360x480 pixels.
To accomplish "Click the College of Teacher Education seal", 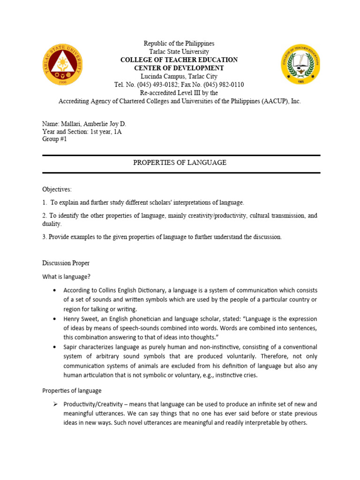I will tap(301, 64).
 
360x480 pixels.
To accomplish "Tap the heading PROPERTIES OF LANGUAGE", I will tap(180, 163).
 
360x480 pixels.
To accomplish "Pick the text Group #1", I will tap(55, 139).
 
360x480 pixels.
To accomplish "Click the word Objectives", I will tap(57, 189).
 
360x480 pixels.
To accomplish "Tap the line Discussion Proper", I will tap(66, 263).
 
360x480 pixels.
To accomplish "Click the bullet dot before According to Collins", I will tap(55, 290).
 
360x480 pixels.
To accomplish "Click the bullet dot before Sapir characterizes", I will tap(55, 347).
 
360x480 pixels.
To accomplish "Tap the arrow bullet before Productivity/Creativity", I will tap(54, 404).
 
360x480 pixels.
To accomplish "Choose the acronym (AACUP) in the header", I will tap(273, 101).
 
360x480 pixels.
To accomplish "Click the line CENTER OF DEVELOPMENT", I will tap(179, 68).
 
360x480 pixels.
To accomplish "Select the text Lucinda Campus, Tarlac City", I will tap(179, 76).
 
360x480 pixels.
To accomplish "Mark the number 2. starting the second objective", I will tap(45, 216).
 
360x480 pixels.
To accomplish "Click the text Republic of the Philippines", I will tap(179, 43).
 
